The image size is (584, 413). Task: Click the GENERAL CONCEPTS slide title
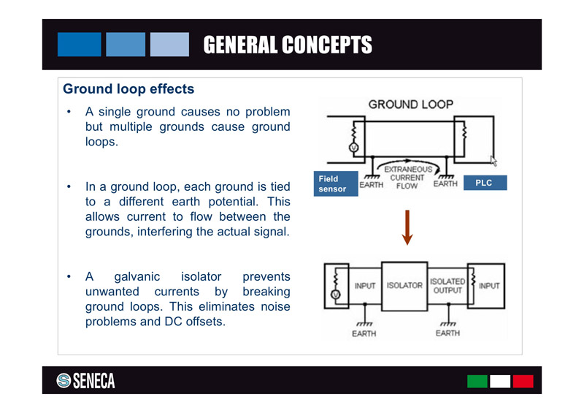(x=287, y=45)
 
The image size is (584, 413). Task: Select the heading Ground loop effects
(x=128, y=90)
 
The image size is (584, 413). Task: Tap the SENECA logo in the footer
(x=85, y=381)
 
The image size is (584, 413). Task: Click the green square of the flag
(x=477, y=381)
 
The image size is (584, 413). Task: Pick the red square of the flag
(x=523, y=381)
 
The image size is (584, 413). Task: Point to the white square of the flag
(x=500, y=381)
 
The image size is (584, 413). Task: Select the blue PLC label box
(x=484, y=183)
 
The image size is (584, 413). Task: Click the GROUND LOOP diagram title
(x=410, y=105)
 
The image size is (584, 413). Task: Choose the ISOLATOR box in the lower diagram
(x=404, y=286)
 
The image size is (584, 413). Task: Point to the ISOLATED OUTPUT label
(x=447, y=286)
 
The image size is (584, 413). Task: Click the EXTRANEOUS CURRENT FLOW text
(x=407, y=178)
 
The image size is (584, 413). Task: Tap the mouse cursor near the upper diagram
(x=493, y=160)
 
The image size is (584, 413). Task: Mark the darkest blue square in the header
(x=79, y=45)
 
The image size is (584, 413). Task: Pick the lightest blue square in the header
(x=169, y=45)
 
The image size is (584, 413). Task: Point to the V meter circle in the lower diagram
(x=335, y=295)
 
